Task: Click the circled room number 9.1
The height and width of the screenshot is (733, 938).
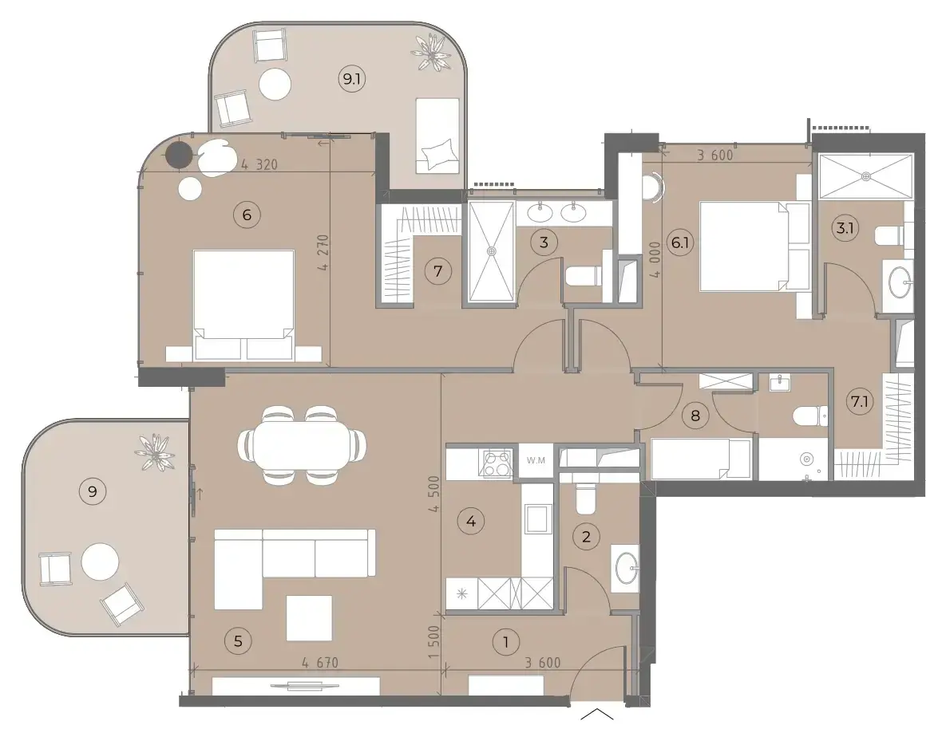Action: (x=352, y=78)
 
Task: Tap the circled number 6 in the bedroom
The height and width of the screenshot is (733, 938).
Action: (x=247, y=214)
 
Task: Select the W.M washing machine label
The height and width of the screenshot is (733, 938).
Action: (x=536, y=460)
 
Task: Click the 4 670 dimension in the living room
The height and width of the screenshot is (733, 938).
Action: (x=320, y=663)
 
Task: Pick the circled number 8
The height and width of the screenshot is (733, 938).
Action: (x=695, y=415)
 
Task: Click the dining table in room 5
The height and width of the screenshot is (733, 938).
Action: (x=302, y=445)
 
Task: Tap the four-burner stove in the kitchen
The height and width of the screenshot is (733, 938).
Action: (x=497, y=463)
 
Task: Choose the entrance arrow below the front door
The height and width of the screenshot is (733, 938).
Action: (x=597, y=714)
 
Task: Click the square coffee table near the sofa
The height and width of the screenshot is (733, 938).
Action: (x=309, y=618)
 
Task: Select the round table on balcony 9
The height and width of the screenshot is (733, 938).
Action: (x=100, y=562)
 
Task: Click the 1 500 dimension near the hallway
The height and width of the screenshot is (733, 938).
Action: (x=435, y=642)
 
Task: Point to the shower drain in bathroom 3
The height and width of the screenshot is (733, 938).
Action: (x=491, y=252)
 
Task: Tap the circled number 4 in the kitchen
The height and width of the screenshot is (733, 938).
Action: (x=471, y=522)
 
